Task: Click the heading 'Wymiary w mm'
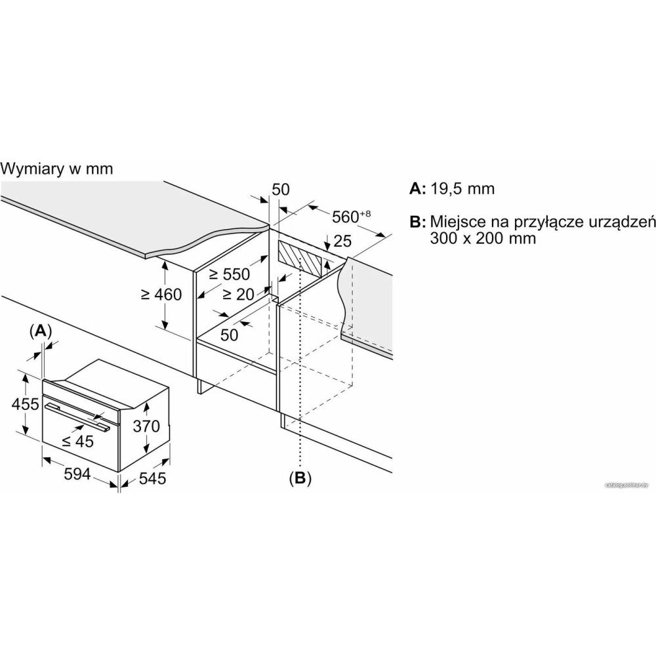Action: tap(57, 169)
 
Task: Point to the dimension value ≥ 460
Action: tap(161, 295)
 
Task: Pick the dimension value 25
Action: tap(342, 241)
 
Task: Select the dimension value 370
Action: tap(146, 426)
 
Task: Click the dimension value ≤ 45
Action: tap(77, 441)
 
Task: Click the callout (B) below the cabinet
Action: tap(300, 478)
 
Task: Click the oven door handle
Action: tap(77, 417)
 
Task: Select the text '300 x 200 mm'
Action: tap(484, 238)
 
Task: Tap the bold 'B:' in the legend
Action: tap(418, 222)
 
